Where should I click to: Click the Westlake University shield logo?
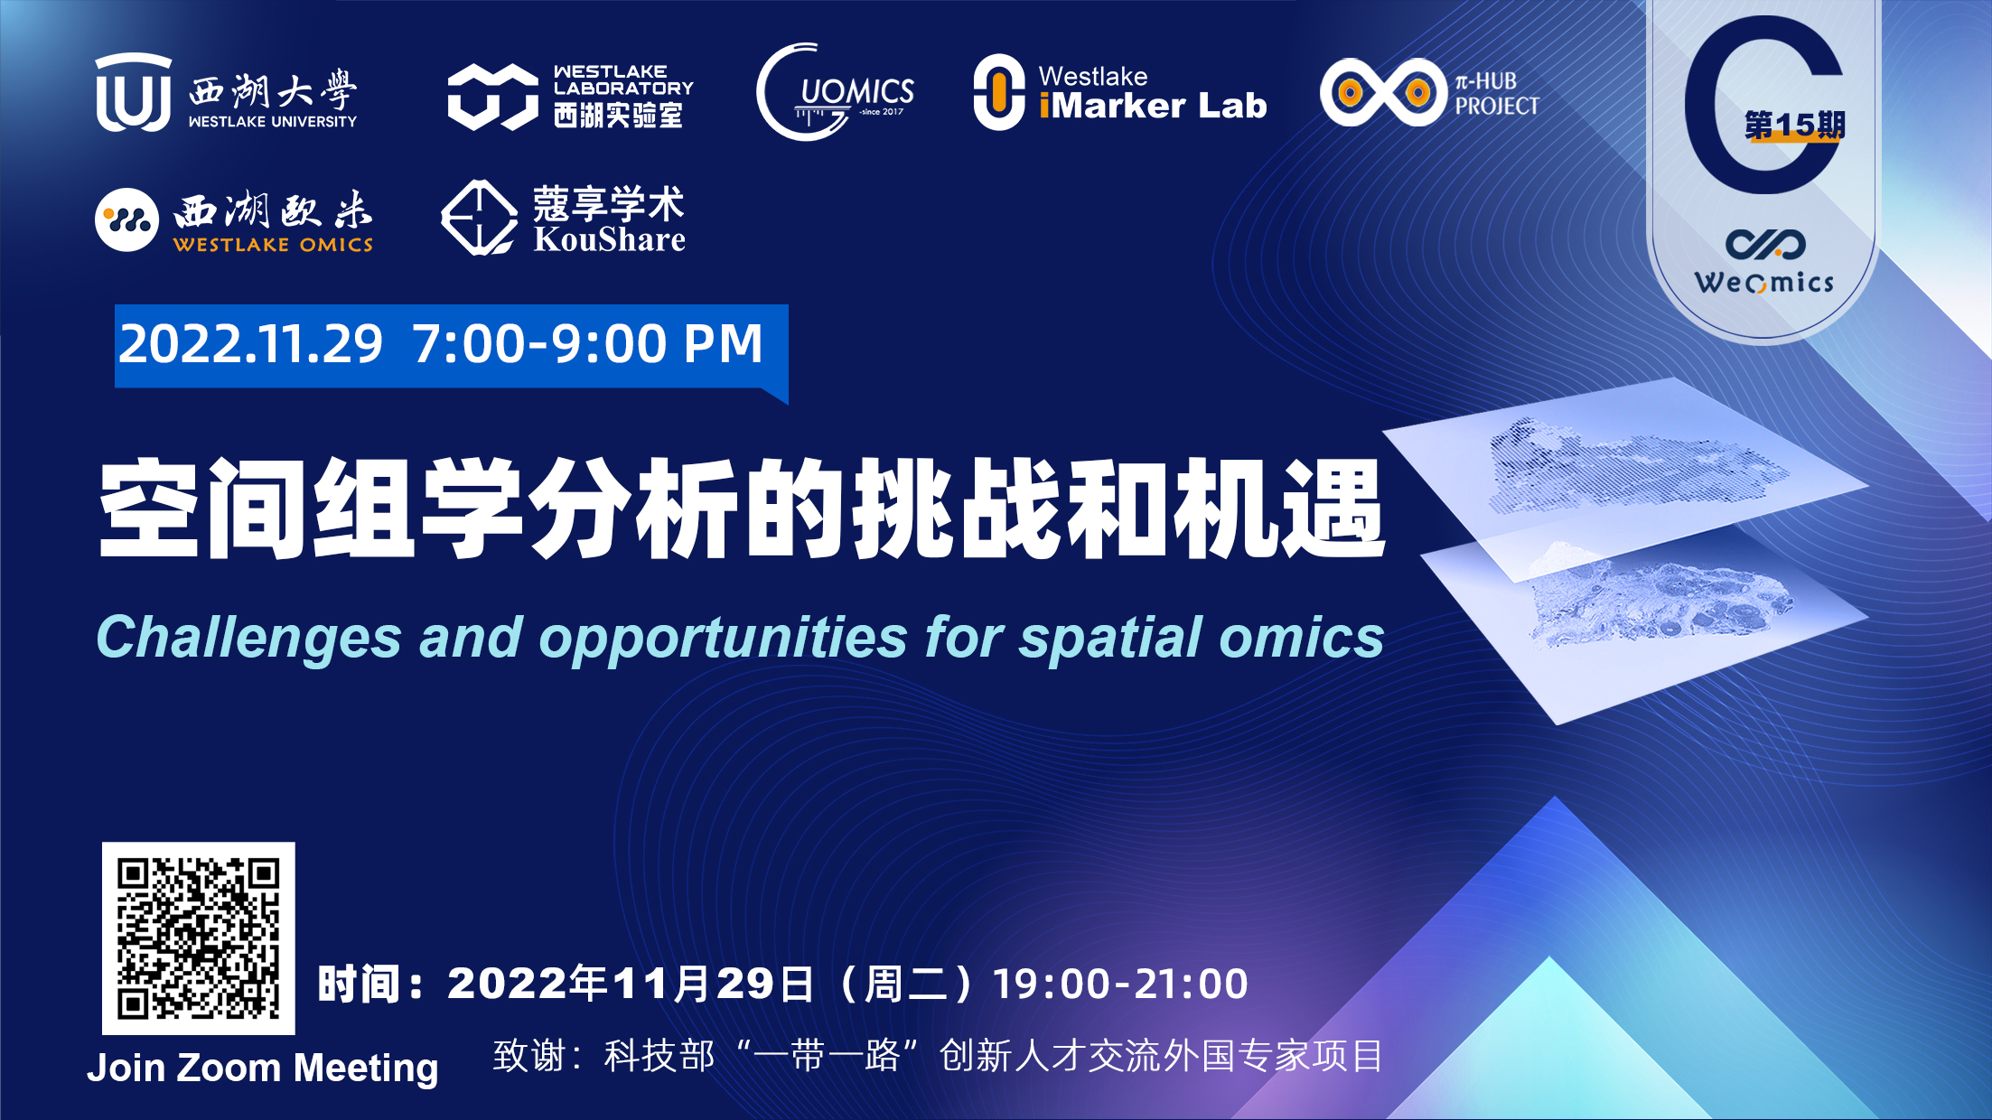coord(133,92)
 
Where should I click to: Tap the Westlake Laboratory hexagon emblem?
coord(492,96)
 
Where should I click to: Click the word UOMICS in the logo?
coord(857,91)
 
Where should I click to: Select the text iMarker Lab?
coord(1153,106)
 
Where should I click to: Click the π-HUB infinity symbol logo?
coord(1383,92)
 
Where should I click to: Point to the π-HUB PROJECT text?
coord(1497,94)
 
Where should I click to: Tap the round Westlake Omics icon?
coord(126,219)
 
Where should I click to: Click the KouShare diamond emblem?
coord(478,218)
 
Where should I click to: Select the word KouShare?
coord(610,239)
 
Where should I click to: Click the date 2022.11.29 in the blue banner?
coord(251,344)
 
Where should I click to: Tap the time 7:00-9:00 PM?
coord(588,344)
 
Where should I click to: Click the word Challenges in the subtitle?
coord(248,639)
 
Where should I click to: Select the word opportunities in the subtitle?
coord(723,639)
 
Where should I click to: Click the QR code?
coord(199,938)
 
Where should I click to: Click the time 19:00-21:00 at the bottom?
coord(1120,984)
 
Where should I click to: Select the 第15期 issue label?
coord(1794,126)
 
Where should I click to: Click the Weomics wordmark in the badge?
coord(1764,283)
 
